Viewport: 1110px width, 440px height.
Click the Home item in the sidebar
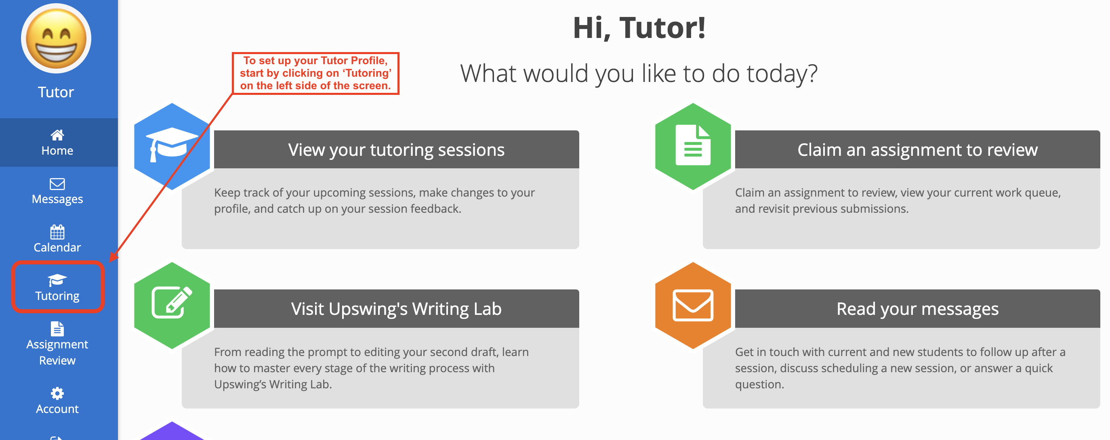point(57,143)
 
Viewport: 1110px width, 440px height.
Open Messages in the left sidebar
point(57,191)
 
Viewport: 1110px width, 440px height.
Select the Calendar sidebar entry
point(57,239)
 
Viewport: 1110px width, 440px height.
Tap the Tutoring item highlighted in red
point(57,287)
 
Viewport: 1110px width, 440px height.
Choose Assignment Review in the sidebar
point(57,344)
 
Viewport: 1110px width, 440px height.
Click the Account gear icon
point(57,393)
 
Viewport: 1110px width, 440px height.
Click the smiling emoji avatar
point(57,39)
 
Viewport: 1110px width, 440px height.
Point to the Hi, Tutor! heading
point(639,28)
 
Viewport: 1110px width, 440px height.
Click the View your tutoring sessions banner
point(396,150)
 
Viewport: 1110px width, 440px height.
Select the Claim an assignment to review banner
point(917,150)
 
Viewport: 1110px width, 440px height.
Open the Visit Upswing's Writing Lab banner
point(396,309)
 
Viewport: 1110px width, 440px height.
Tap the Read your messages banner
point(917,309)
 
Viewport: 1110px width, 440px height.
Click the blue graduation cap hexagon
point(172,147)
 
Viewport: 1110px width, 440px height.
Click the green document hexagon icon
point(692,147)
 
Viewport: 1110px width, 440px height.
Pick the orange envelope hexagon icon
point(692,306)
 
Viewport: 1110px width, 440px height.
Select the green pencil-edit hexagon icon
point(172,306)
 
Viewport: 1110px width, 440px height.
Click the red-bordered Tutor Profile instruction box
point(315,73)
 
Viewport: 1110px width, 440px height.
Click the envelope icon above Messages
point(57,184)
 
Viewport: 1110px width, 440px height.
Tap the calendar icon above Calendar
point(57,232)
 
